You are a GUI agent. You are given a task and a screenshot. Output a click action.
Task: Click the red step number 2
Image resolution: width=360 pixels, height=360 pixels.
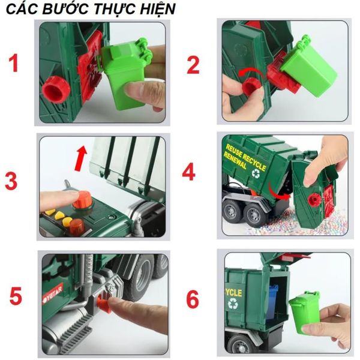[193, 64]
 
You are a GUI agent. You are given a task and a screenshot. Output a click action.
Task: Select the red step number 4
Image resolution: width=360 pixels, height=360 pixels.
[189, 172]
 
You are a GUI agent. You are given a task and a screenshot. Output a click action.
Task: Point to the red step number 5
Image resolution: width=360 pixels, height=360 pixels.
[16, 296]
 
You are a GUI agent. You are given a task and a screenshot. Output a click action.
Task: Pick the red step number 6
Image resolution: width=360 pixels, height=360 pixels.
[192, 298]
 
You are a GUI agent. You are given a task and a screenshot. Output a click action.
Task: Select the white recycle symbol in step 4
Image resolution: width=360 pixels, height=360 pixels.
[257, 174]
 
